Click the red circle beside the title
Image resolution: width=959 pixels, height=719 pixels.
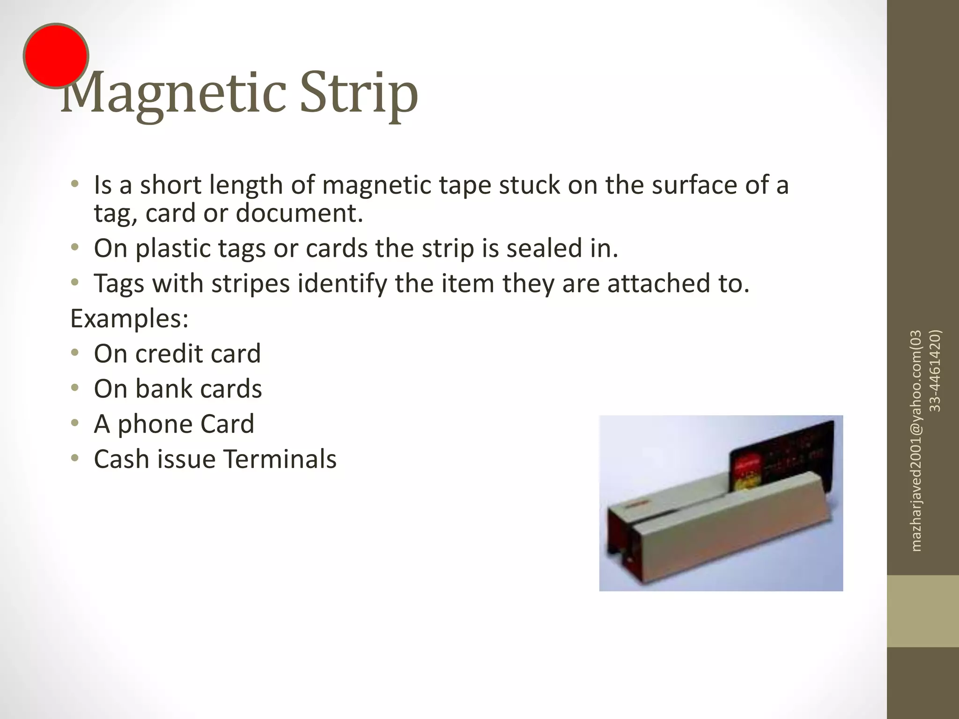click(56, 56)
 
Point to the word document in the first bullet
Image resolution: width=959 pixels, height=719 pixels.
click(299, 213)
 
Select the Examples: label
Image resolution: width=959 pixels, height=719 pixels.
click(129, 319)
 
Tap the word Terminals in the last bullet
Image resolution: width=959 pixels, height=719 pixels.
click(280, 459)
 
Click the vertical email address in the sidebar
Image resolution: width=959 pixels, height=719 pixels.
click(917, 440)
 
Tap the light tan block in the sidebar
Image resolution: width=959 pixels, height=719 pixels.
click(922, 611)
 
